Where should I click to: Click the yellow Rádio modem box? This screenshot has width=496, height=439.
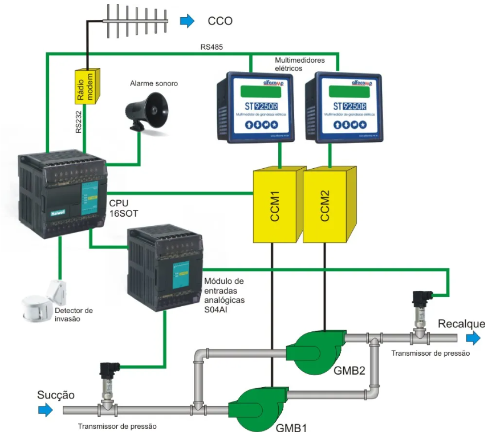(87, 86)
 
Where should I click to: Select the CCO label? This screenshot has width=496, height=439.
(220, 21)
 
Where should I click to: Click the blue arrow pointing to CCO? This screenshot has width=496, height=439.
(187, 21)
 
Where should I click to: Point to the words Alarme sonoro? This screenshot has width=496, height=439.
(154, 83)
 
